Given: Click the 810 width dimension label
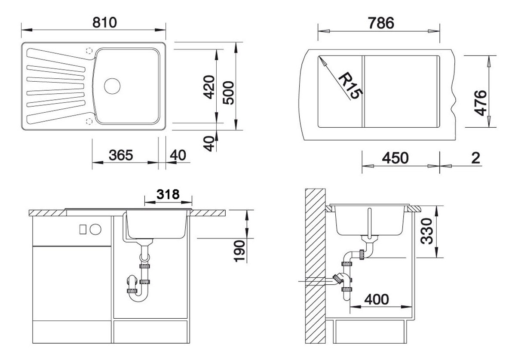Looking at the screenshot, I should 105,22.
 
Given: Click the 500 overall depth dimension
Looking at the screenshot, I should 229,94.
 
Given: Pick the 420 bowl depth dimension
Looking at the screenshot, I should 209,87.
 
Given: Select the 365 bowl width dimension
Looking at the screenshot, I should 120,155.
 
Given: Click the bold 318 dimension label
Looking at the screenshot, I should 167,194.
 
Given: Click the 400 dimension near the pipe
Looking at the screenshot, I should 377,298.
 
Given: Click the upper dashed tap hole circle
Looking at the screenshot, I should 90,50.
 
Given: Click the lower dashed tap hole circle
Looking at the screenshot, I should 90,121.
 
